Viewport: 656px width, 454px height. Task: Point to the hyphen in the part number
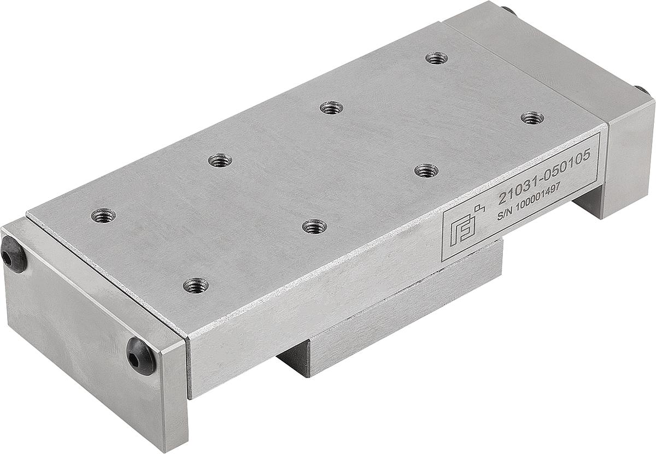coord(537,178)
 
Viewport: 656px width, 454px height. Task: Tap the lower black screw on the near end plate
coord(141,356)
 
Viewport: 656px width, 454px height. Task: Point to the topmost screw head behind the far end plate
coord(508,10)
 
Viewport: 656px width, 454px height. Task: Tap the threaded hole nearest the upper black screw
coord(103,216)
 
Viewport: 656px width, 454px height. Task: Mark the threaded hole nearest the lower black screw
coord(196,285)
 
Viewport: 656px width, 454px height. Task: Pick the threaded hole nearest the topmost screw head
coord(437,58)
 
